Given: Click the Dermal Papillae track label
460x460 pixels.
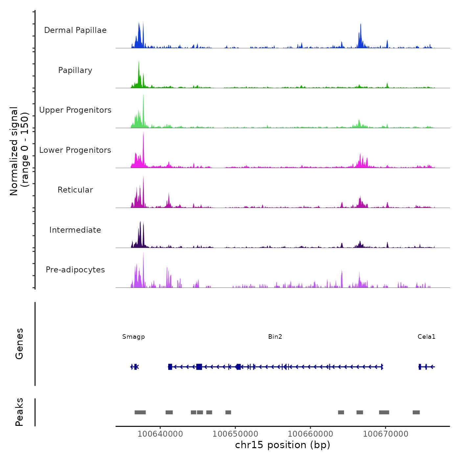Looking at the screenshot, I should click(x=75, y=30).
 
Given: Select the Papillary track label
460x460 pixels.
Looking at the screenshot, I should click(x=75, y=70).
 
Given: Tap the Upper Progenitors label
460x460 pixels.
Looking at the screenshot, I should click(x=75, y=110).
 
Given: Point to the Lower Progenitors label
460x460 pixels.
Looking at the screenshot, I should click(x=75, y=150).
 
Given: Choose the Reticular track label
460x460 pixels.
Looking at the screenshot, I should click(x=75, y=190).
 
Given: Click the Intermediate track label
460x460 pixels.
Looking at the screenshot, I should click(x=75, y=230).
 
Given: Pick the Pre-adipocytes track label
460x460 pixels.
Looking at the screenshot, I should click(x=75, y=270).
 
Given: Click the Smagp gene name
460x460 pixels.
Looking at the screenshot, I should click(x=133, y=336).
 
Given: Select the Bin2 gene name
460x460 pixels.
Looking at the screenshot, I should click(x=275, y=336).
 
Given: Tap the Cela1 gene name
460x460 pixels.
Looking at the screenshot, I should click(x=426, y=336).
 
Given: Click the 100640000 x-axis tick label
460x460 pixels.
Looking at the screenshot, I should click(x=160, y=434).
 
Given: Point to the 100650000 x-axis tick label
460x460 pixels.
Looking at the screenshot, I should click(x=235, y=434).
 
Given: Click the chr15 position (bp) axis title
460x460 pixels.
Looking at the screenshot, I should click(x=283, y=445).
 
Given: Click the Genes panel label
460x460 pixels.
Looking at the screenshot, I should click(x=19, y=344).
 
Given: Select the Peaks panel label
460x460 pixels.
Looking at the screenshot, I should click(x=19, y=412).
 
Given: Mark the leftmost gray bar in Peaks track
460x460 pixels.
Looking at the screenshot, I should click(x=140, y=412).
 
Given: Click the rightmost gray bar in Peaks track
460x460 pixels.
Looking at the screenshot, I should click(x=416, y=412).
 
